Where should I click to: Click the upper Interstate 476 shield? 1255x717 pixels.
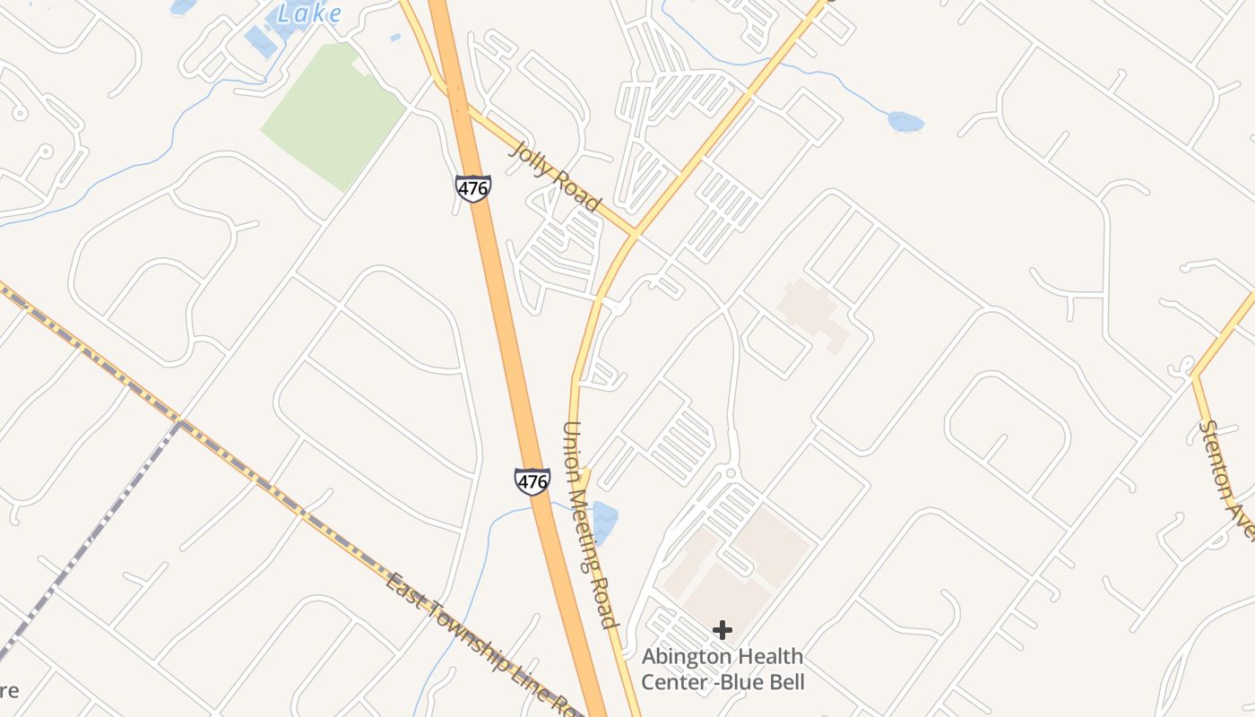(472, 188)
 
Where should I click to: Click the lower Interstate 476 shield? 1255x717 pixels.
(532, 481)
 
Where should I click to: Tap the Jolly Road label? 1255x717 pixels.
(555, 177)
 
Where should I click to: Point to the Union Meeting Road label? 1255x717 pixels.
(590, 524)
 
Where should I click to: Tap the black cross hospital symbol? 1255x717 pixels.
(722, 630)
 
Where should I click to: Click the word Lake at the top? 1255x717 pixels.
(308, 13)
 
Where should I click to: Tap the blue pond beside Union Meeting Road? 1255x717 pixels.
(604, 523)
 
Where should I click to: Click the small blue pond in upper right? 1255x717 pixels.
(905, 121)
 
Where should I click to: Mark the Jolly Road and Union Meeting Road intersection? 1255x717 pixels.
(634, 235)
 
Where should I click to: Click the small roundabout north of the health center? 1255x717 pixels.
(731, 472)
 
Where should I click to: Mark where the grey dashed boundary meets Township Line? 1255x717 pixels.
(180, 420)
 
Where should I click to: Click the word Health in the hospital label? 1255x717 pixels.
(771, 657)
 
